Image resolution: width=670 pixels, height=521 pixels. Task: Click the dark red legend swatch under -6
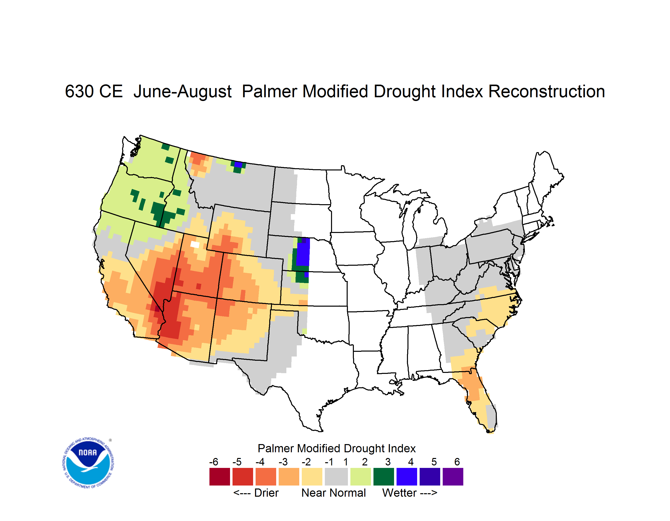tap(220, 477)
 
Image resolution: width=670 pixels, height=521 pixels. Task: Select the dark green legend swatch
tap(383, 477)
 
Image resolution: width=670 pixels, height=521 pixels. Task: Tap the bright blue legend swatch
tap(407, 477)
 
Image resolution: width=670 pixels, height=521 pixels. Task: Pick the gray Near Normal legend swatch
tap(336, 477)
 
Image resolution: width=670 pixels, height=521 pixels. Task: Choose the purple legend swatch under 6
tap(453, 477)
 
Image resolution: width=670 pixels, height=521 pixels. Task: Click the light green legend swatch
tap(361, 477)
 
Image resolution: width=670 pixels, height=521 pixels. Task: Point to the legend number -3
tap(283, 462)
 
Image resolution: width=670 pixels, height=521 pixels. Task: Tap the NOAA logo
tap(88, 463)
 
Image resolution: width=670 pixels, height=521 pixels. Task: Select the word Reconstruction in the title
tap(546, 91)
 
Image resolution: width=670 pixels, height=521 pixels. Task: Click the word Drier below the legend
tap(266, 493)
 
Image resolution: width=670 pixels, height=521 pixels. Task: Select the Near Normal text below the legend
tap(334, 493)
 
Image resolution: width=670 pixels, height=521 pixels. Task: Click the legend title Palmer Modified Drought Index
tap(336, 448)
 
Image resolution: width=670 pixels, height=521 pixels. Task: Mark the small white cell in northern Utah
tap(195, 244)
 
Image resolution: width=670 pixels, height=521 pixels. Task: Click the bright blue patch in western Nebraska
tap(303, 252)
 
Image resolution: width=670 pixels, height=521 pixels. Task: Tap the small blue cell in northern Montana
tap(238, 164)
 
